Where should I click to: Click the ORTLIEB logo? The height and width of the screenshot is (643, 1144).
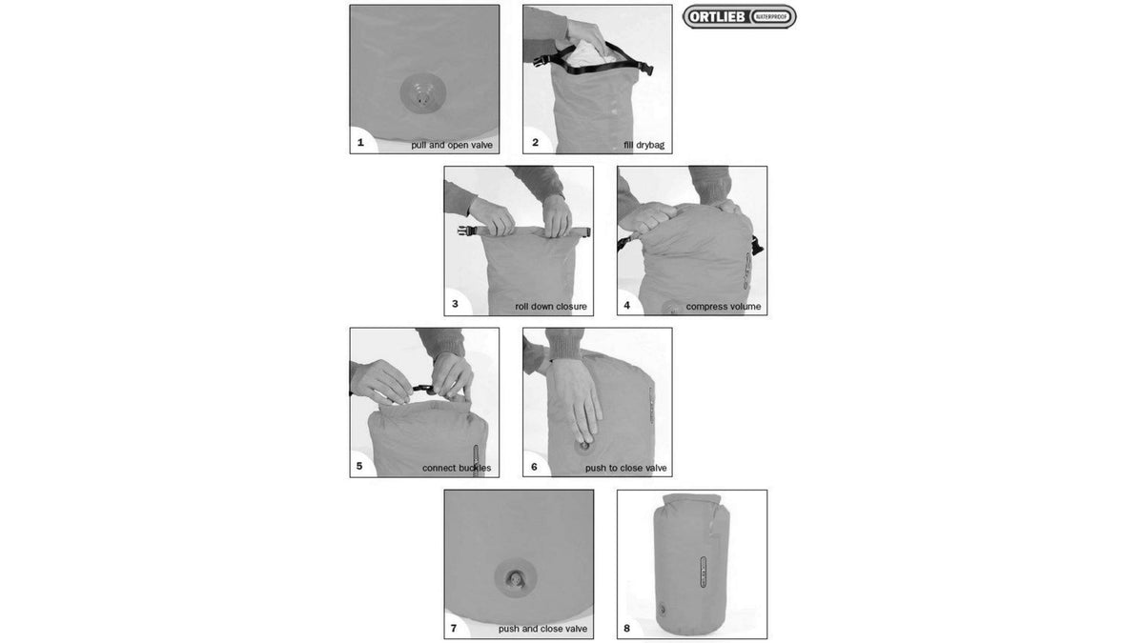click(x=739, y=17)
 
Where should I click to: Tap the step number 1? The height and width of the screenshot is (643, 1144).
click(x=360, y=142)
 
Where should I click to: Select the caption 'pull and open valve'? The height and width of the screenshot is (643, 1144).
click(x=452, y=145)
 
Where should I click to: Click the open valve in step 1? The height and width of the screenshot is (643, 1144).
click(x=423, y=94)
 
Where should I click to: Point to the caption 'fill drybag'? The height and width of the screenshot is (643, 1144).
click(x=644, y=145)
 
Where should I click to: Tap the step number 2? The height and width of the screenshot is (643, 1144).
click(x=535, y=142)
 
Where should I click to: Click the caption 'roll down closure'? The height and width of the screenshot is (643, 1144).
click(x=551, y=306)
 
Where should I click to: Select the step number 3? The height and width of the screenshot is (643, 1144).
click(x=455, y=304)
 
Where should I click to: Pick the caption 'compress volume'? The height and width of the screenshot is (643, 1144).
click(x=724, y=306)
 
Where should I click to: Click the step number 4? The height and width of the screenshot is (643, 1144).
click(x=627, y=305)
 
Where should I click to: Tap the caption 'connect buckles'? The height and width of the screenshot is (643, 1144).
click(x=457, y=468)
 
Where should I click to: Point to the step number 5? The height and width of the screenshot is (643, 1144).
click(x=359, y=466)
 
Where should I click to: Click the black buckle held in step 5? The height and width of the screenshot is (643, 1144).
click(x=424, y=390)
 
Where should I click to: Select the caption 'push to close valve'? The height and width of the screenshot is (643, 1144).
click(x=626, y=468)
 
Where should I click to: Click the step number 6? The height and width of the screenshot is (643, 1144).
click(x=534, y=467)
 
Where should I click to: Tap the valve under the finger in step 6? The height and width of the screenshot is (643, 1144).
click(x=583, y=447)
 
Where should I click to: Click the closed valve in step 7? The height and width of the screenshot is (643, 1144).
click(x=516, y=579)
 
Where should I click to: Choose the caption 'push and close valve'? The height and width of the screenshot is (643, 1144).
click(x=542, y=629)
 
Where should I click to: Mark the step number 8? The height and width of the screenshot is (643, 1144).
click(x=627, y=628)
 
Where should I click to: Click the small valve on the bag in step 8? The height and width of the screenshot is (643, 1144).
click(x=663, y=609)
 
